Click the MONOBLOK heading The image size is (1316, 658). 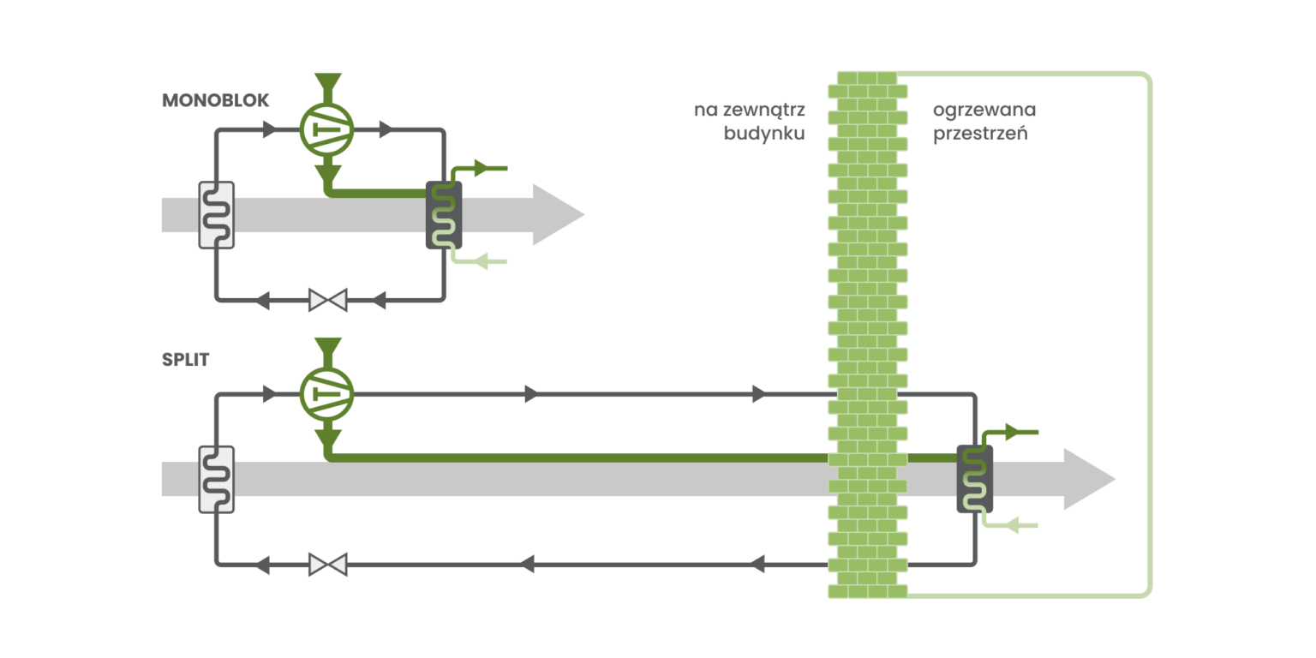pos(215,101)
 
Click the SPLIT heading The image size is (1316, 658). pos(185,359)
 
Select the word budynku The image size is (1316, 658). pos(764,134)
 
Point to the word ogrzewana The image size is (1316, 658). pos(984,110)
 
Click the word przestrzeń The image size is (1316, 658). pos(980,134)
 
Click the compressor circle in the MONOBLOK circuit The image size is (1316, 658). pos(327,130)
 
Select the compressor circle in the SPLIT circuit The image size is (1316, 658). pos(327,394)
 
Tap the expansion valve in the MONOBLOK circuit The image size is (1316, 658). pos(327,301)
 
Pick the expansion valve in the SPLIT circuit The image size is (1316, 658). pos(327,565)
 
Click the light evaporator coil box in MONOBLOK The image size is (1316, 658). pos(216,215)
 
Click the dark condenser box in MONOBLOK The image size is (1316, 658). pos(444,215)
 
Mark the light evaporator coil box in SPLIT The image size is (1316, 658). pos(216,479)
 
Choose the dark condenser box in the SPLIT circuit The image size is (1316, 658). pos(974,479)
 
